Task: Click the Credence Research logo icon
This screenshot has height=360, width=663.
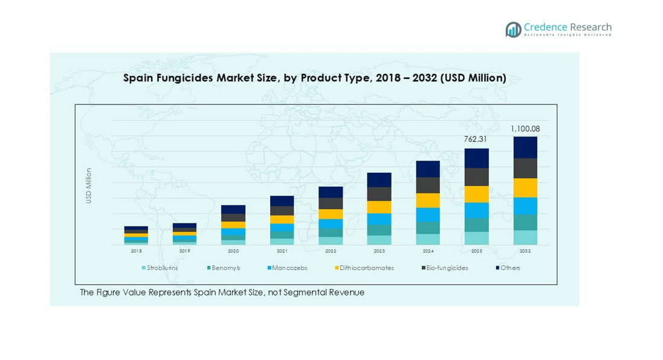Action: coord(514,29)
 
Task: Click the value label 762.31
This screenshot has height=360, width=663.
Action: coord(475,140)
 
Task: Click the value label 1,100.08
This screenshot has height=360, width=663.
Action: coord(525,129)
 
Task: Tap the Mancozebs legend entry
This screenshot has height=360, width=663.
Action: coord(286,268)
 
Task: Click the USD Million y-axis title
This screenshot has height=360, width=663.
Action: coord(89,185)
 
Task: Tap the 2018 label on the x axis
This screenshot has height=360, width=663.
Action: coord(136,251)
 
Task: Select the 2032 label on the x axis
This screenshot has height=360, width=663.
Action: coord(525,251)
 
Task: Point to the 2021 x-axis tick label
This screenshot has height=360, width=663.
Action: coord(282,251)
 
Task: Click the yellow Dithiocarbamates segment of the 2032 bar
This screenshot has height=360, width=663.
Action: coord(525,188)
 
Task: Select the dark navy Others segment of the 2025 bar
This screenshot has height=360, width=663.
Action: coord(476,158)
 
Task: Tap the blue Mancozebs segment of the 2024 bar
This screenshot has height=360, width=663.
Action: coord(428,215)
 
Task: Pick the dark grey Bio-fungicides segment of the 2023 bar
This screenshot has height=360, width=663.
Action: coord(379,194)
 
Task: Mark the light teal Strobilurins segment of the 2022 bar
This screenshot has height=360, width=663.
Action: coord(331,241)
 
